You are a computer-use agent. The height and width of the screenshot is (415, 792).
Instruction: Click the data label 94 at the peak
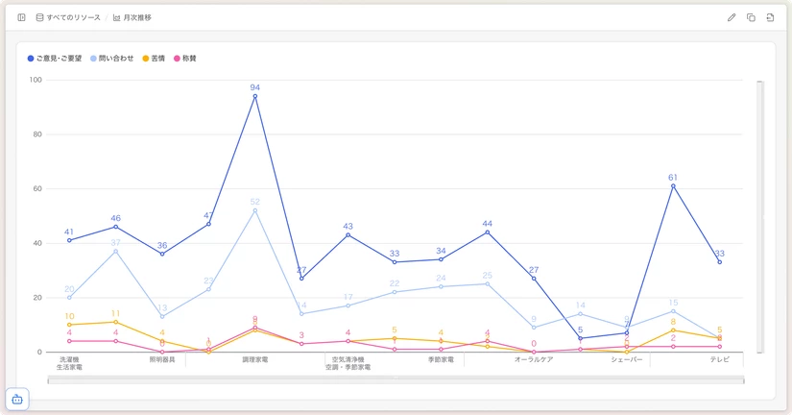255,87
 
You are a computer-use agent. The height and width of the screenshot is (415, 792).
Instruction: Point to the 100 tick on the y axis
36,80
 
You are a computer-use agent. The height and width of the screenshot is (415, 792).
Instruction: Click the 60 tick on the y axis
37,188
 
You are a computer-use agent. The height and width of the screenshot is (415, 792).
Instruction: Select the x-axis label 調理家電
255,359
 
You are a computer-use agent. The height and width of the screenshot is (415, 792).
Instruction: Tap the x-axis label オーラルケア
534,359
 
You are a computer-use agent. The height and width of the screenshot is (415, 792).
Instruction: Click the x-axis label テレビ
720,359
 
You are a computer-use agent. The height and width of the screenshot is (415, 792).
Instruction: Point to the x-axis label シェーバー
627,359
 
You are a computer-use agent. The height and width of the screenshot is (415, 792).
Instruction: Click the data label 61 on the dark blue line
673,178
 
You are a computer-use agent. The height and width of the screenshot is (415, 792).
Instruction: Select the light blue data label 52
255,202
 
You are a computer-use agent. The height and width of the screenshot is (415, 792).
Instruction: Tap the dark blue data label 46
116,218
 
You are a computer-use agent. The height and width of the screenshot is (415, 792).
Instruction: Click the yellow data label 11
116,313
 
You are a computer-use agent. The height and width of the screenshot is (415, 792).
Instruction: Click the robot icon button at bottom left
17,399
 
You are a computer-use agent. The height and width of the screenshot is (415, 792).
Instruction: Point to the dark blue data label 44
488,223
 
